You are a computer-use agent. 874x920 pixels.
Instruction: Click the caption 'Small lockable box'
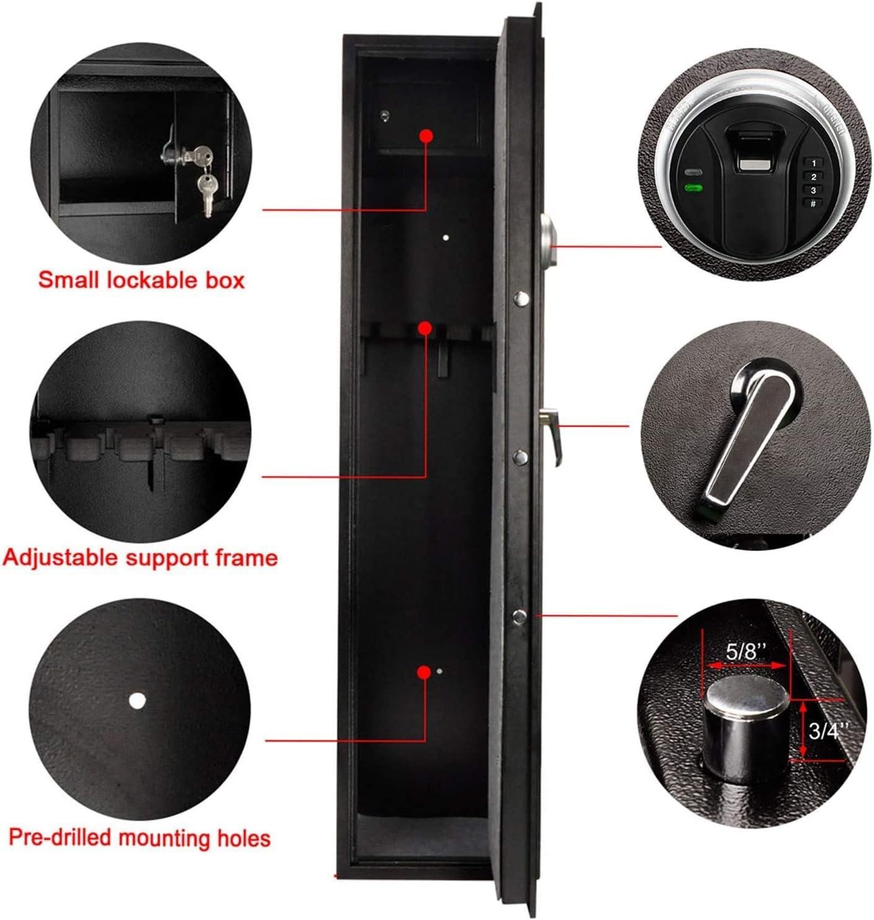[x=141, y=280]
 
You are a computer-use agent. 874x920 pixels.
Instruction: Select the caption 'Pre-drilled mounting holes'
[x=139, y=838]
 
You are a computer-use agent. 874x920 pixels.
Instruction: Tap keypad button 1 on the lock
[x=813, y=163]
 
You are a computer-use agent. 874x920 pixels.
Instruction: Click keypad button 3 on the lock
[x=813, y=190]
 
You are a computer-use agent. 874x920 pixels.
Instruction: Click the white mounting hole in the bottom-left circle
[x=137, y=701]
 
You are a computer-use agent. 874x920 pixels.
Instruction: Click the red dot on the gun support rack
[x=425, y=328]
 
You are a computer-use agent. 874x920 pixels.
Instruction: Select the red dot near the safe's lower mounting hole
[x=424, y=672]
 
